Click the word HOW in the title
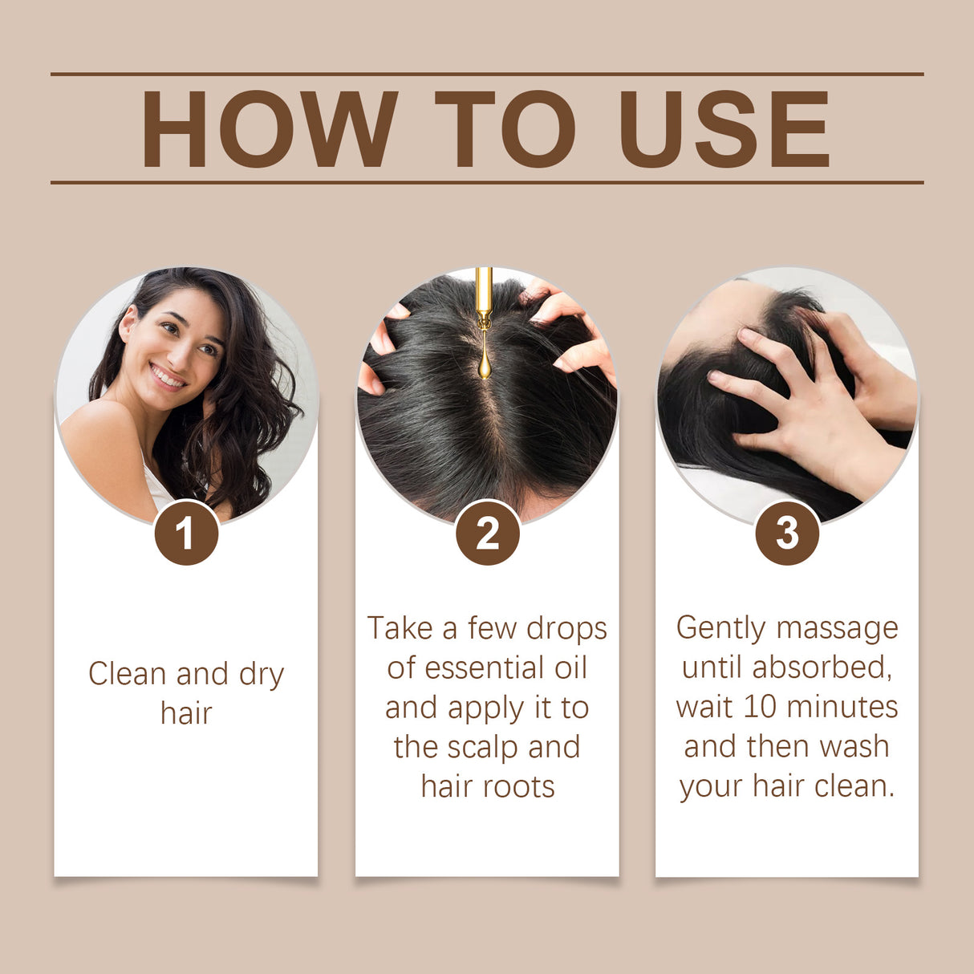269,128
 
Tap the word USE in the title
724,128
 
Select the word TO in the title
505,128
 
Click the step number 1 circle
186,534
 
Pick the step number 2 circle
487,534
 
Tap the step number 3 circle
787,534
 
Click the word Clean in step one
128,674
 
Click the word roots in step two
517,787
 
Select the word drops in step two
566,628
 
